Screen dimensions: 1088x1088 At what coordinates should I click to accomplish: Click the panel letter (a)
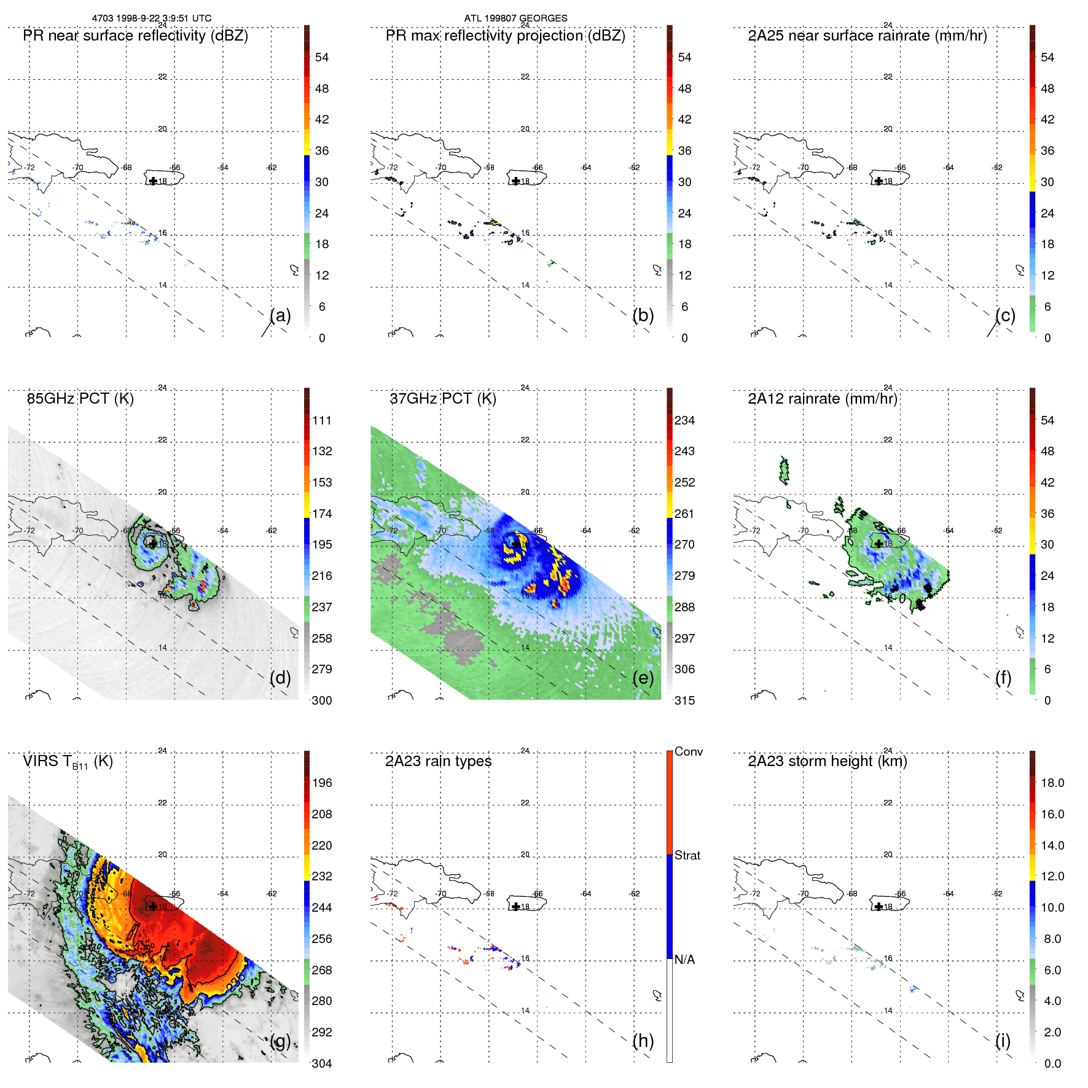click(280, 316)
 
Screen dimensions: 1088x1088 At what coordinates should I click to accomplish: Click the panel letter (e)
click(643, 678)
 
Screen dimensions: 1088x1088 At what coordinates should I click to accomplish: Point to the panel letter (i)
click(1003, 1041)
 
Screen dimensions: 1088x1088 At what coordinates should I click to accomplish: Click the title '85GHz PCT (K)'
click(80, 399)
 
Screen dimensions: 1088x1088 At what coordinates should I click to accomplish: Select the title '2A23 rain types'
click(438, 761)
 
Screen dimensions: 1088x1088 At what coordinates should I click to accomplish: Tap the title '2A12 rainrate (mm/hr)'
click(823, 399)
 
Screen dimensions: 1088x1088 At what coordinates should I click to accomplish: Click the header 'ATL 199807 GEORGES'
click(515, 18)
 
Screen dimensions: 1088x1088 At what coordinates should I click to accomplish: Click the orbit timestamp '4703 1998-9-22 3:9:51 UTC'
click(152, 18)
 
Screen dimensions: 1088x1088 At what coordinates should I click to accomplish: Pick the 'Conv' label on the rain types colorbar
click(689, 751)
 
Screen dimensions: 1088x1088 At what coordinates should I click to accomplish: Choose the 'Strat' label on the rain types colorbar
click(687, 855)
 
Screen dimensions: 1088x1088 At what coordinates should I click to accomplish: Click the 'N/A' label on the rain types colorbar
click(684, 960)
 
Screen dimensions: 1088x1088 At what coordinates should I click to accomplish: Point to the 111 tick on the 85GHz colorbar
click(322, 420)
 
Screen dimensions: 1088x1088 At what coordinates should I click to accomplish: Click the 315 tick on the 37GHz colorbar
click(684, 700)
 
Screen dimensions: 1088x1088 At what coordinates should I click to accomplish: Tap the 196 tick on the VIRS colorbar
click(322, 783)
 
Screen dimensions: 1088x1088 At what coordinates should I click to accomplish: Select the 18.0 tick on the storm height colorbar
click(1052, 783)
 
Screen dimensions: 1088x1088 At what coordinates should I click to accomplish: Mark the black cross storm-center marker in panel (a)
click(153, 181)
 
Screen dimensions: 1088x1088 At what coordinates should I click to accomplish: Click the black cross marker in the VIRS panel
click(153, 906)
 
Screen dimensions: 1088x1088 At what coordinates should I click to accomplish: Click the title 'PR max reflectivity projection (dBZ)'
click(505, 36)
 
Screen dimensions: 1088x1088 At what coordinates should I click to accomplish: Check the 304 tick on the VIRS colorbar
click(322, 1063)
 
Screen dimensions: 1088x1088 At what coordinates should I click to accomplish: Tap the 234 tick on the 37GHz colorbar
click(684, 420)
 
